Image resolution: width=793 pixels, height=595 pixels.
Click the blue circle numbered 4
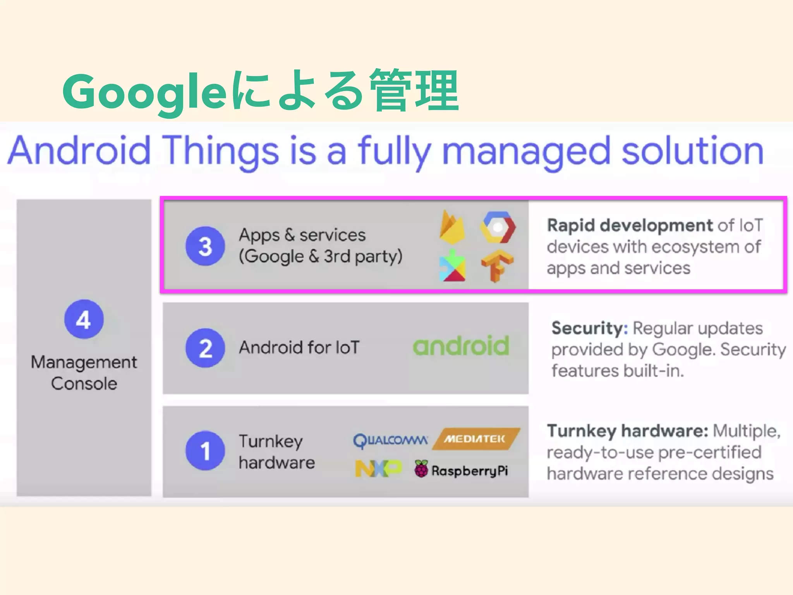coord(84,319)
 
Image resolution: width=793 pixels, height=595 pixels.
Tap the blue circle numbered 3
coord(205,246)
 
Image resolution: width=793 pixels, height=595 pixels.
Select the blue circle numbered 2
coord(205,348)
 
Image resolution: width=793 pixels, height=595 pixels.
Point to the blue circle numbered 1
coord(205,451)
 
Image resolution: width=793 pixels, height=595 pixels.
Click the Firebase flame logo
coord(452,228)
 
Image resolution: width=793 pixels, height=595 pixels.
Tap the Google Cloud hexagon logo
coord(498,228)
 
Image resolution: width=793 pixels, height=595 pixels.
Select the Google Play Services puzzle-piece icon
coord(452,266)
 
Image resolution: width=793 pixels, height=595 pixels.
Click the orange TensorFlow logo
coord(497,266)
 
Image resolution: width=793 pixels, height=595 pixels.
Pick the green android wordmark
coord(461,346)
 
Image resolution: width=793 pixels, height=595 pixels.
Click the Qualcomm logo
coord(390,440)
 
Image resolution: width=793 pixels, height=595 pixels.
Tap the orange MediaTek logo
coord(475,439)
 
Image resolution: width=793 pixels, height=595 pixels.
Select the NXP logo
coord(378,469)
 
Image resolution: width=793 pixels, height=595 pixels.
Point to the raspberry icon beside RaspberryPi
coord(421,469)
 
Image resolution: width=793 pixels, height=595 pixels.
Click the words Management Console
coord(84,373)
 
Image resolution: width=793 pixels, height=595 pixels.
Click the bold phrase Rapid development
coord(630,225)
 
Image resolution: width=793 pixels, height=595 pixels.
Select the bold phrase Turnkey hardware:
coord(627,431)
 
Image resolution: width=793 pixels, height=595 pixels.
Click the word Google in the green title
coord(144,92)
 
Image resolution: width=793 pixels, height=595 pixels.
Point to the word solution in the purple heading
coord(692,151)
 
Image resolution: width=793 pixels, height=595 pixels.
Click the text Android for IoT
coord(299,347)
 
